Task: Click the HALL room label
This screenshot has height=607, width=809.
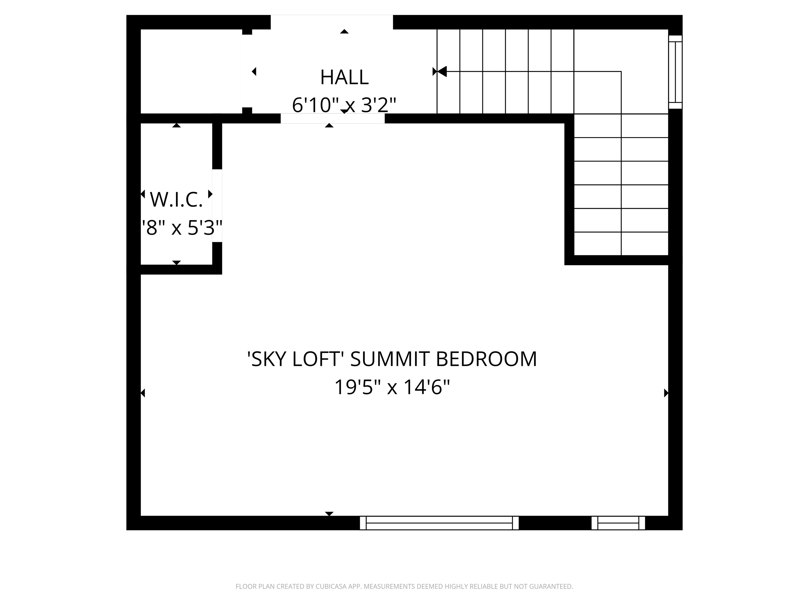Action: click(344, 77)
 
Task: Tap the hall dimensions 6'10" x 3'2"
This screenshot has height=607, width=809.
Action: click(344, 105)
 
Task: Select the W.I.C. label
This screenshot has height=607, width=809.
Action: click(176, 200)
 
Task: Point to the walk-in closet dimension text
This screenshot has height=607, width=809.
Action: click(182, 228)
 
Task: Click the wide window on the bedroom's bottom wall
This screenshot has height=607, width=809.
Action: click(439, 523)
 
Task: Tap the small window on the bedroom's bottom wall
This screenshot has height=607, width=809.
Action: click(618, 523)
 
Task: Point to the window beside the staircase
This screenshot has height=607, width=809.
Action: click(675, 72)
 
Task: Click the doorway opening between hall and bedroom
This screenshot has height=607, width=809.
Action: click(332, 119)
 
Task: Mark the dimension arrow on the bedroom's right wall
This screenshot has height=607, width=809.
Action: click(666, 393)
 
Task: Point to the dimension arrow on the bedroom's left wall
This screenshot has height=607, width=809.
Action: click(143, 393)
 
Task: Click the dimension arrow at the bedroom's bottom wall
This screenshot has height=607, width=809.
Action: click(329, 514)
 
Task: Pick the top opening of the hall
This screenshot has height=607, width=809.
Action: click(332, 22)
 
